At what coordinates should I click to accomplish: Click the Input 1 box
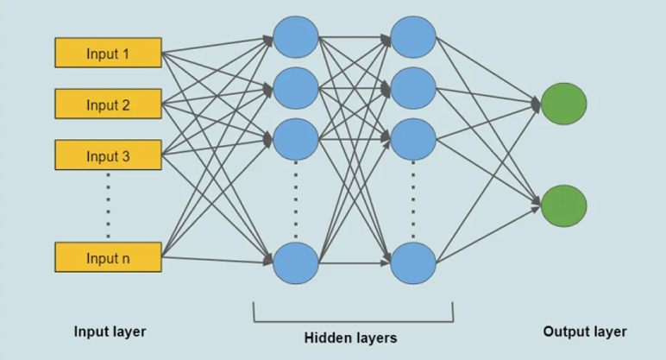click(108, 53)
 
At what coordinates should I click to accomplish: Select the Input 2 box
click(108, 104)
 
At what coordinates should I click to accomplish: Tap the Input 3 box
click(108, 155)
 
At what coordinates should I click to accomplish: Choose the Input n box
click(108, 257)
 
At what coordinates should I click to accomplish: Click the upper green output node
click(563, 104)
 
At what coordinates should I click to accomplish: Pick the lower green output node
click(563, 206)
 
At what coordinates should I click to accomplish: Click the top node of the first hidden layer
click(296, 37)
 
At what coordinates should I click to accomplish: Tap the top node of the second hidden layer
click(413, 37)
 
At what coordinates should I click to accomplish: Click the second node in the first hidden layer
click(296, 87)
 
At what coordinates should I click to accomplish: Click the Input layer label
click(110, 332)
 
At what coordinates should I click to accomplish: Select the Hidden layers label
click(351, 338)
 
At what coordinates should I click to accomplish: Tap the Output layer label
click(585, 332)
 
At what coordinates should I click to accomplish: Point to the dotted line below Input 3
click(108, 205)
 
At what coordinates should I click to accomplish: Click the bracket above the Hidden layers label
click(353, 320)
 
